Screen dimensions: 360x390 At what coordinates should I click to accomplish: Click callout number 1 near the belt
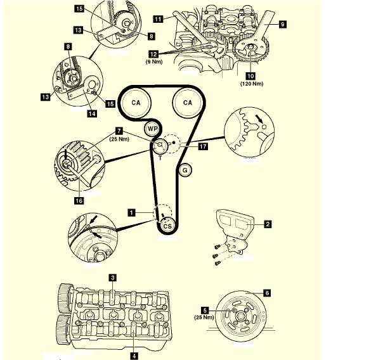[x=131, y=213]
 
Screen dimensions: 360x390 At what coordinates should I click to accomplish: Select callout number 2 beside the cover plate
[x=268, y=224]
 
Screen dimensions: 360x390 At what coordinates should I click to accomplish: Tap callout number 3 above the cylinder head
[x=112, y=277]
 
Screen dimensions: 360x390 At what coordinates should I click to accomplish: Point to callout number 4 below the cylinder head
[x=134, y=356]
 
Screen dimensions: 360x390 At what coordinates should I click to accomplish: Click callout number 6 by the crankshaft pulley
[x=267, y=293]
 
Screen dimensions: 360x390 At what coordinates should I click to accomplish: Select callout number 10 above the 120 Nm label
[x=250, y=75]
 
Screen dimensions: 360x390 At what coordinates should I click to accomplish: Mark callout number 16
[x=79, y=200]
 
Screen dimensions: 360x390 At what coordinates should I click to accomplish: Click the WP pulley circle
[x=152, y=129]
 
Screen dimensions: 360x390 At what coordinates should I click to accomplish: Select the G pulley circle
[x=185, y=169]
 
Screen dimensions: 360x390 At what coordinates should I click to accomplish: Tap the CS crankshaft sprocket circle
[x=167, y=226]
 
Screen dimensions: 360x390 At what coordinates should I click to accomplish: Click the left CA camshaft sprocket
[x=135, y=102]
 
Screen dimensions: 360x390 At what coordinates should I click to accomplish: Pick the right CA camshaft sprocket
[x=188, y=102]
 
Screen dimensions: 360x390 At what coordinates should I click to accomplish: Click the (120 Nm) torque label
[x=251, y=84]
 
